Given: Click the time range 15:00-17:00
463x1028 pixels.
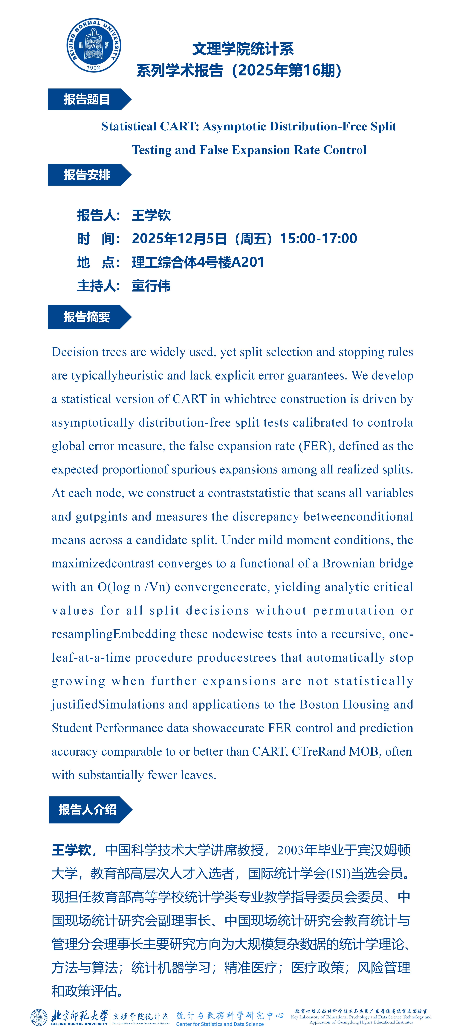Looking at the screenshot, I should click(x=318, y=239).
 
